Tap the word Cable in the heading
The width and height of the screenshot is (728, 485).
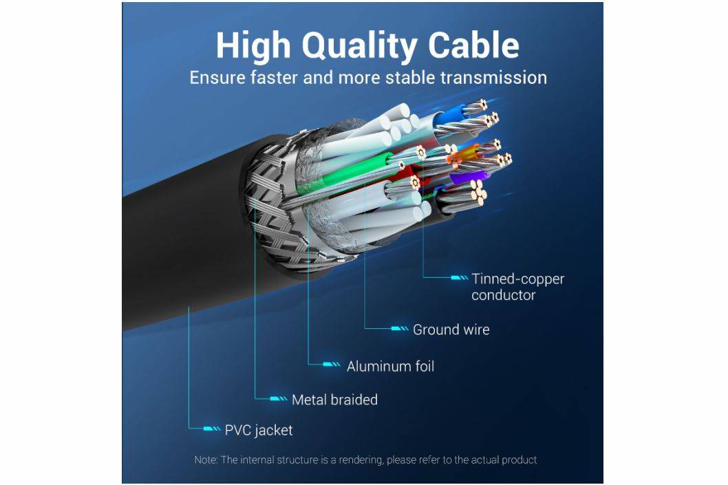(474, 45)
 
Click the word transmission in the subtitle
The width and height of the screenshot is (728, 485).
(486, 77)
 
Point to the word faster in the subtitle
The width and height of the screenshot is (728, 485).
(268, 77)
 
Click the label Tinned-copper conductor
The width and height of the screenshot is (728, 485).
(517, 287)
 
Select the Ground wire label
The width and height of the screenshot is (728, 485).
(451, 330)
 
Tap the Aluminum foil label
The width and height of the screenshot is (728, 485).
(390, 366)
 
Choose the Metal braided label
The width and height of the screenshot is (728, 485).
(334, 399)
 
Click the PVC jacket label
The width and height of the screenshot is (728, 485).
(258, 430)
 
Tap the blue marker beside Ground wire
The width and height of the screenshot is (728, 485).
(400, 330)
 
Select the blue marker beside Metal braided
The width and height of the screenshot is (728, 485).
(279, 399)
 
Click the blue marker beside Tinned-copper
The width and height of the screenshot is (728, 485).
(459, 279)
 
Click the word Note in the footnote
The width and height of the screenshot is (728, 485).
(205, 460)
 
